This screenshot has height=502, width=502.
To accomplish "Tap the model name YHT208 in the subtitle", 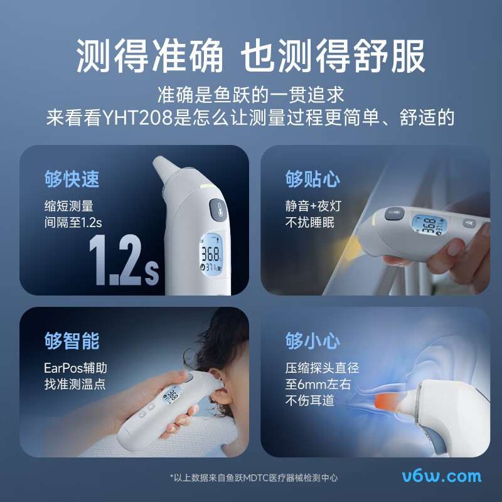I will point(142,117).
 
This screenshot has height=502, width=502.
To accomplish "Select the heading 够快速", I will point(72,179).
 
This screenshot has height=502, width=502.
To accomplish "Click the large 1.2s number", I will point(123,260).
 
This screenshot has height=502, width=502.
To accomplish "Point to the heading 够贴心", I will point(313,179).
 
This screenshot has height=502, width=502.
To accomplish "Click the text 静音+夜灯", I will point(313,206).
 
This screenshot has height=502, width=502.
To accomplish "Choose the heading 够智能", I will point(72,341).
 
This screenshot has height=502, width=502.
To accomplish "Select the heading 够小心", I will point(313,341).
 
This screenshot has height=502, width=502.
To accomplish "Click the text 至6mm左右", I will point(318,384).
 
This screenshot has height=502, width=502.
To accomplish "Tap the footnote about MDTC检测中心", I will point(254,478).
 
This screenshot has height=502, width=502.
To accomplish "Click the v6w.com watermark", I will point(442,476).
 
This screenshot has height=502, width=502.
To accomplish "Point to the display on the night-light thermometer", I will point(427,225).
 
